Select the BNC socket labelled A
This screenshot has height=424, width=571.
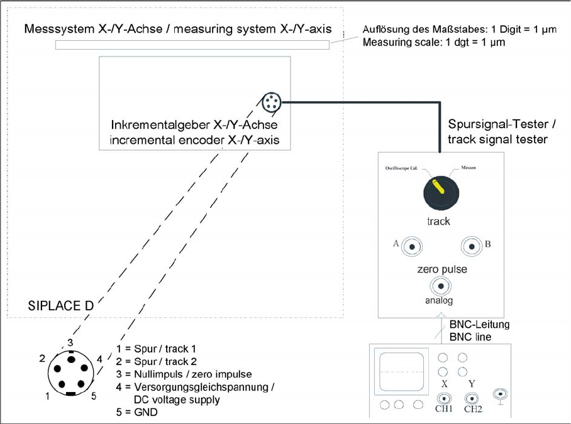(x=411, y=247)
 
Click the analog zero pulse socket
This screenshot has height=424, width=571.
(x=440, y=287)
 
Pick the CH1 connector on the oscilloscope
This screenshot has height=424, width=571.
(x=444, y=398)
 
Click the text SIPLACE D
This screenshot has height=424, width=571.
(x=61, y=306)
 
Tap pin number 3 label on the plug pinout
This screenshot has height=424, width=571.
(x=71, y=342)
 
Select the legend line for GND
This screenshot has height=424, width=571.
(x=138, y=412)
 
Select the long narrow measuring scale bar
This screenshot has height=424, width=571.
(x=192, y=45)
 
